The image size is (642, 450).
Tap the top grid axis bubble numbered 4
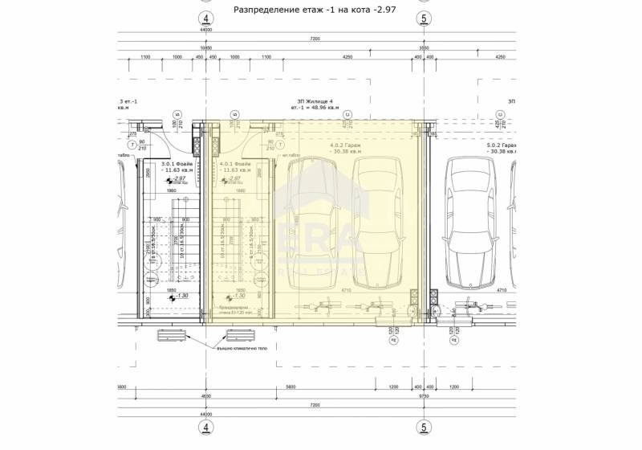tap(206, 18)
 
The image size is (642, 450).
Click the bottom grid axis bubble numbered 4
tap(206, 427)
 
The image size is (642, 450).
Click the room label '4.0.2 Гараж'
tap(345, 148)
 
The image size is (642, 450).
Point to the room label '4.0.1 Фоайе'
tap(235, 166)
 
